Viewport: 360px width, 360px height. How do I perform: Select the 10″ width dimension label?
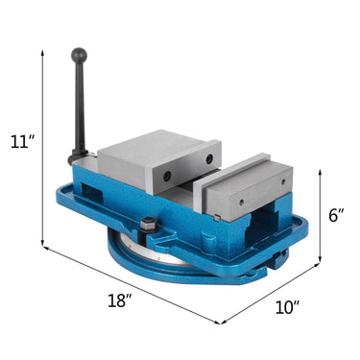285,307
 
